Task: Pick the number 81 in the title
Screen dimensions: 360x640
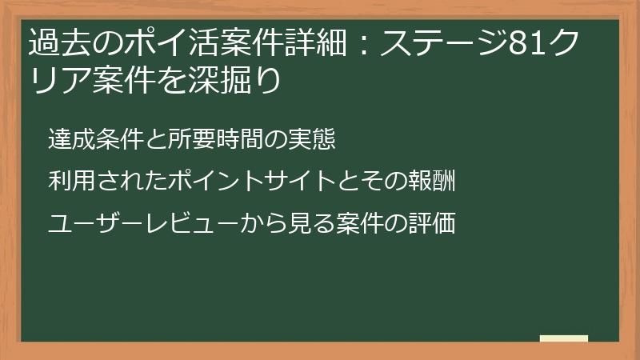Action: tap(526, 45)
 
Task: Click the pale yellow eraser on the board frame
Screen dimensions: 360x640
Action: tap(563, 339)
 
